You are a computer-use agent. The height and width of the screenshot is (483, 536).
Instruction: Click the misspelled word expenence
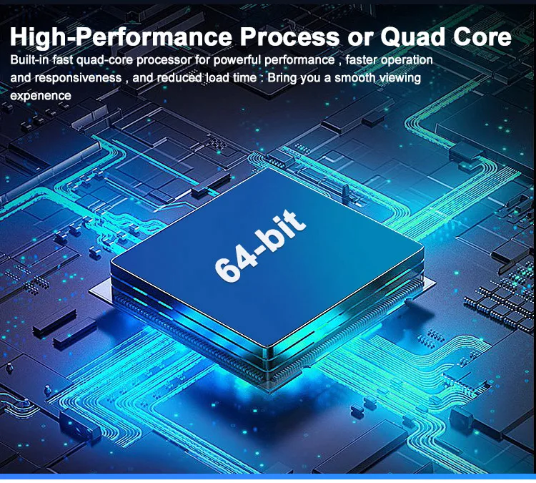[x=41, y=95]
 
